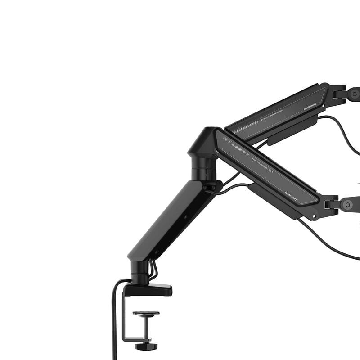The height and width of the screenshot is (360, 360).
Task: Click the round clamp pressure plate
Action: click(x=146, y=313)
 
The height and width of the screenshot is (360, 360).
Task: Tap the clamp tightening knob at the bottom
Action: click(x=146, y=346)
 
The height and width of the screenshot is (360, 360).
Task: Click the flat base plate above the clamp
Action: click(x=148, y=290)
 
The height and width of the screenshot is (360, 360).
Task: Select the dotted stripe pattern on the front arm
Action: click(x=236, y=146)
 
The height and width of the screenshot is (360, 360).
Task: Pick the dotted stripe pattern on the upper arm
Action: click(x=247, y=126)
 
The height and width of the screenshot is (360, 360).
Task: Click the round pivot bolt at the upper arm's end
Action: click(x=354, y=94)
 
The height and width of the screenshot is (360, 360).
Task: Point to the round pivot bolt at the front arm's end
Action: click(x=347, y=205)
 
